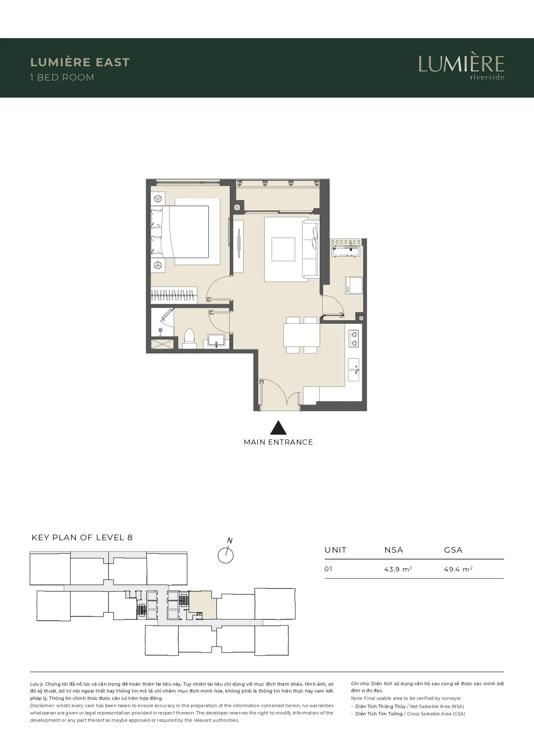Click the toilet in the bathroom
pos(189,338)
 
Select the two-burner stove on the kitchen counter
pos(354,338)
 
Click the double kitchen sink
pos(354,369)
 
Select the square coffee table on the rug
pos(283,249)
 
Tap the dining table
pos(301,335)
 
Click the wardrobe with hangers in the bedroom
pos(174,296)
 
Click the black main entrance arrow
pos(278,427)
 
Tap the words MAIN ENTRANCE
pos(278,442)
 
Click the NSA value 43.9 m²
pos(398,569)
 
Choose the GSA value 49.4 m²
pos(458,569)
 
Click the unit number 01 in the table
pos(328,569)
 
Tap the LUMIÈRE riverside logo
pos(461,67)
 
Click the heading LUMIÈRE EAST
pos(80,62)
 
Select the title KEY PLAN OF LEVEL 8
pos(82,537)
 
